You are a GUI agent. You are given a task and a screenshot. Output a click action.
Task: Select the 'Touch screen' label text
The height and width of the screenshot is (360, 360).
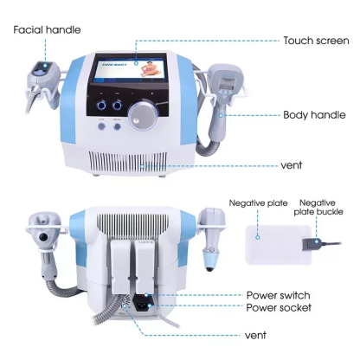(313, 41)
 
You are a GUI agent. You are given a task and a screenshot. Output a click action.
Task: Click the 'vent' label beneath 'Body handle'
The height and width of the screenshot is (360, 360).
(292, 165)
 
